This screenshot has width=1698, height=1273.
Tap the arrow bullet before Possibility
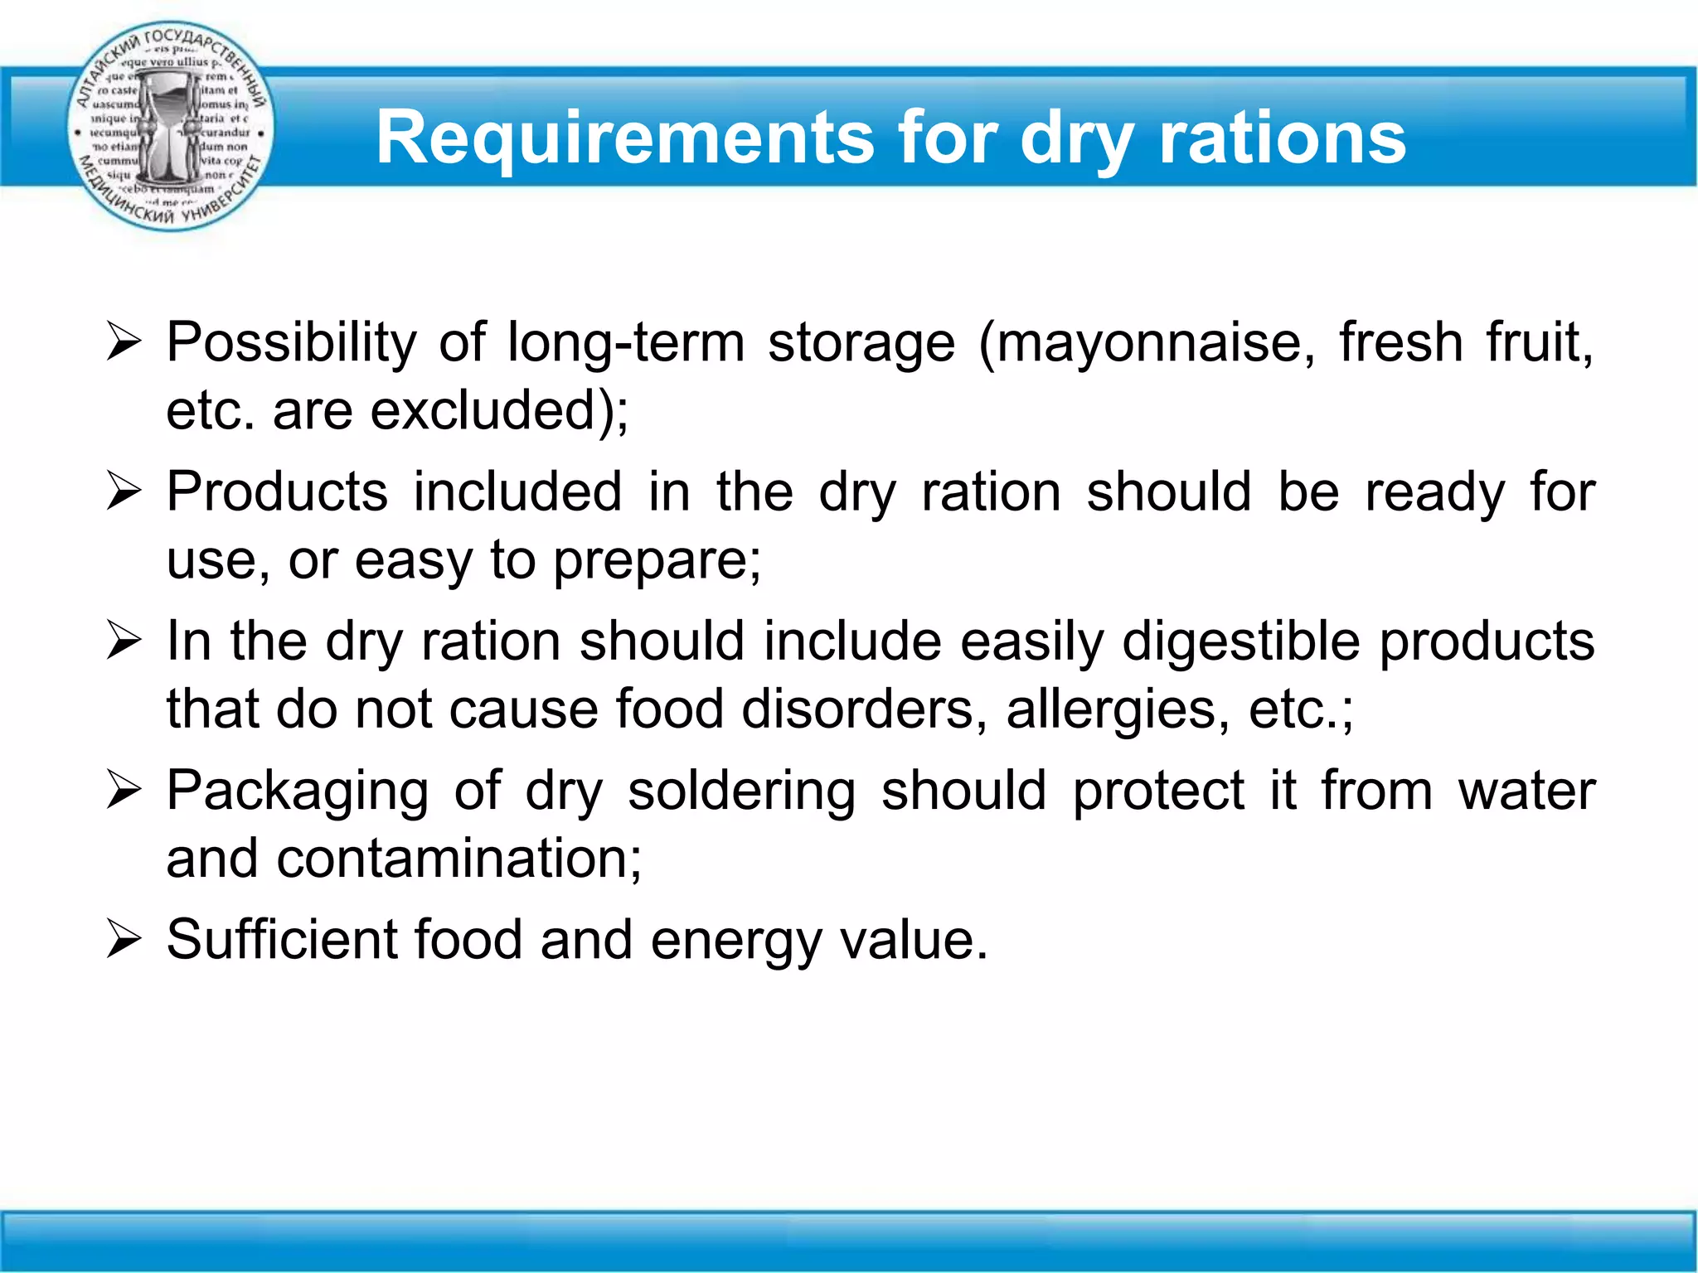click(x=124, y=342)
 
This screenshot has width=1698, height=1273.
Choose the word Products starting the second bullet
click(x=277, y=491)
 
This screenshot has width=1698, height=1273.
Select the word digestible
click(x=1240, y=641)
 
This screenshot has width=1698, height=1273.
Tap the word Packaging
click(x=297, y=791)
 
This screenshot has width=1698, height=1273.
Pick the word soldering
click(x=741, y=791)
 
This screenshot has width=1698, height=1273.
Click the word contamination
click(x=458, y=859)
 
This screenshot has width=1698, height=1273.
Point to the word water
click(x=1526, y=791)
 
